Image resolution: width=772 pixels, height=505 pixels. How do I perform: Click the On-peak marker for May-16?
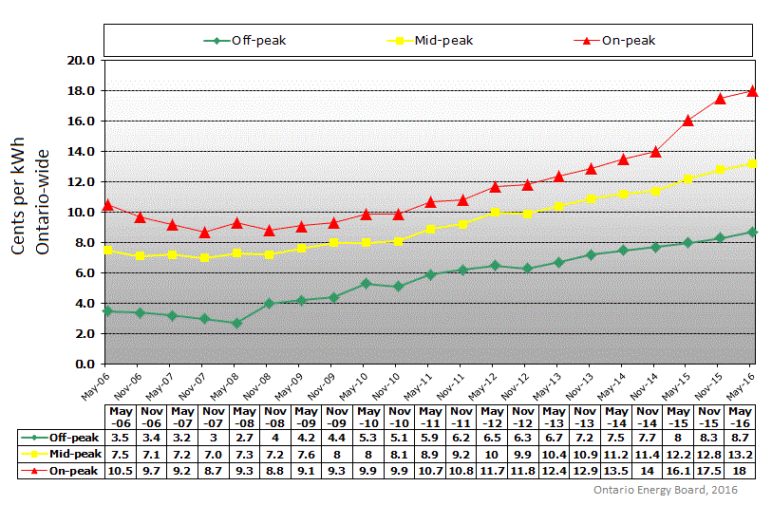753,91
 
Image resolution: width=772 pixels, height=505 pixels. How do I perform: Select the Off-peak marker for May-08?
236,323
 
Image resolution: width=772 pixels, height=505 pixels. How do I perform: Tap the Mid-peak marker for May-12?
494,212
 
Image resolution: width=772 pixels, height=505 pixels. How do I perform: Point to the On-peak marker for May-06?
107,205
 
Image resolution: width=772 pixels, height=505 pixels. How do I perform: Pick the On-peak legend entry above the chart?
617,41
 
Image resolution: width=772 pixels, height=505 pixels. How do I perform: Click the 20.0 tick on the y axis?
80,60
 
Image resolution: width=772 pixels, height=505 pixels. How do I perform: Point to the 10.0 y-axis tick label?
80,212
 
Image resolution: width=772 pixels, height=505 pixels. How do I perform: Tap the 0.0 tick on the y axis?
84,364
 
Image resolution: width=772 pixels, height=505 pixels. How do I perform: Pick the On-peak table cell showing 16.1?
688,469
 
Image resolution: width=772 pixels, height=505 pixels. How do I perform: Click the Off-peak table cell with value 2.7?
236,439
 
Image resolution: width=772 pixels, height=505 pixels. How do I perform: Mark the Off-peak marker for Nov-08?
269,304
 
